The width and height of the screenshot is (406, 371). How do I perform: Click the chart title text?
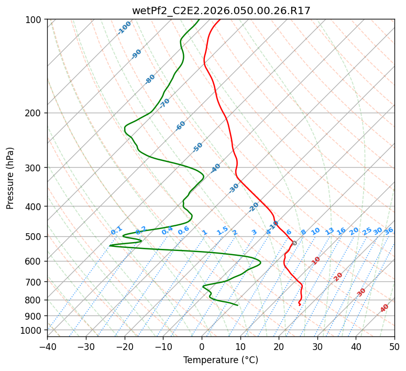point(221,10)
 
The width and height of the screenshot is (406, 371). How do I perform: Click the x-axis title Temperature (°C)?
point(221,360)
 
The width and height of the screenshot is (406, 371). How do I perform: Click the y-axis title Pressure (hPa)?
point(10,178)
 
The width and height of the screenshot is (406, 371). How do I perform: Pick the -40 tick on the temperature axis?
point(47,346)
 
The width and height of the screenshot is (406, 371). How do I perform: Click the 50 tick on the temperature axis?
point(394,346)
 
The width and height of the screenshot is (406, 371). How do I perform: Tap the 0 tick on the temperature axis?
point(202,346)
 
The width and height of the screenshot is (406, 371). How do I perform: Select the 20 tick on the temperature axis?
point(279,346)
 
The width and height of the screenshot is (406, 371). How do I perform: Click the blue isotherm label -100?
point(124,28)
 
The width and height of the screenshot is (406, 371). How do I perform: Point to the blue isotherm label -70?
point(164,103)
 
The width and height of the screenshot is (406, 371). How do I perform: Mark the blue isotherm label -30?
point(234,188)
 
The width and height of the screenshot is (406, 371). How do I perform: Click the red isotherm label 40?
point(385,308)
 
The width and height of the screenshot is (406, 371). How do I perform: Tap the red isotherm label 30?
point(361,292)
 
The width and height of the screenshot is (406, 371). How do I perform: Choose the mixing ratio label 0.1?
point(116,231)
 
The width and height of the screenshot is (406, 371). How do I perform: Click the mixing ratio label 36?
point(389,231)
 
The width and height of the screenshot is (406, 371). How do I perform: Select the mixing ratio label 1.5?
point(222,231)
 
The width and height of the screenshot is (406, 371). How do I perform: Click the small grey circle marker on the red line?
point(294,243)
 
